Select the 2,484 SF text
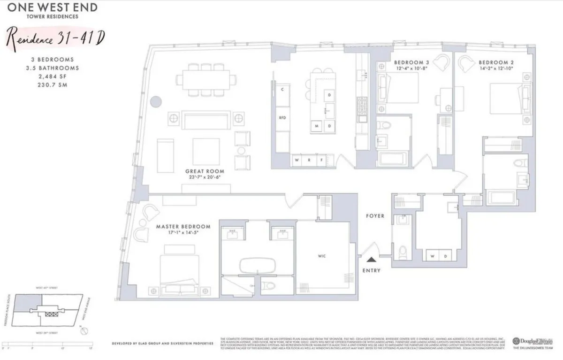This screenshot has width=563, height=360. point(52,75)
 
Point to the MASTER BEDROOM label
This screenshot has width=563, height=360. point(183,227)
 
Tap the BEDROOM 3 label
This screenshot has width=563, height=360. point(411,62)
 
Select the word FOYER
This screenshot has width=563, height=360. point(375,216)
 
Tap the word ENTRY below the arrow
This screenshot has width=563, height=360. point(372,271)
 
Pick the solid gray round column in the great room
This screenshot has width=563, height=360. point(156,102)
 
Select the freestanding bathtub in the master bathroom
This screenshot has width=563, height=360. point(256,266)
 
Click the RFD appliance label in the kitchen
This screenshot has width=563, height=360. point(282,117)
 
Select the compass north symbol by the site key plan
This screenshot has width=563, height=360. point(83,330)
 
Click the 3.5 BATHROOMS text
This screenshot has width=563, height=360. point(52,68)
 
